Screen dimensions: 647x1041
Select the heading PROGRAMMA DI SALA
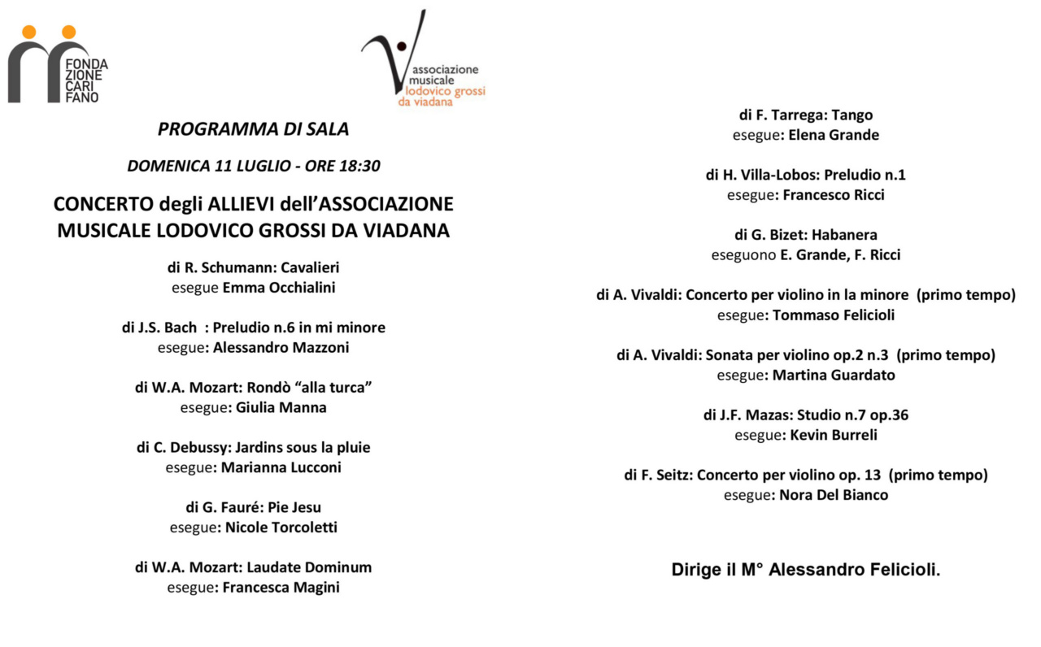point(253,129)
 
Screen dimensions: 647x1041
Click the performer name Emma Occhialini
point(278,288)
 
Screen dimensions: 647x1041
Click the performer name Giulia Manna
point(281,408)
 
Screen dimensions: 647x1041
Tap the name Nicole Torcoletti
point(281,528)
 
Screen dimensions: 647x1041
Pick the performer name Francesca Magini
point(281,588)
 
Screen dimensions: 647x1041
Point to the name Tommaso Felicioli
point(834,315)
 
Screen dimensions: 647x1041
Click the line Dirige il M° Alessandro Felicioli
point(805,570)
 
